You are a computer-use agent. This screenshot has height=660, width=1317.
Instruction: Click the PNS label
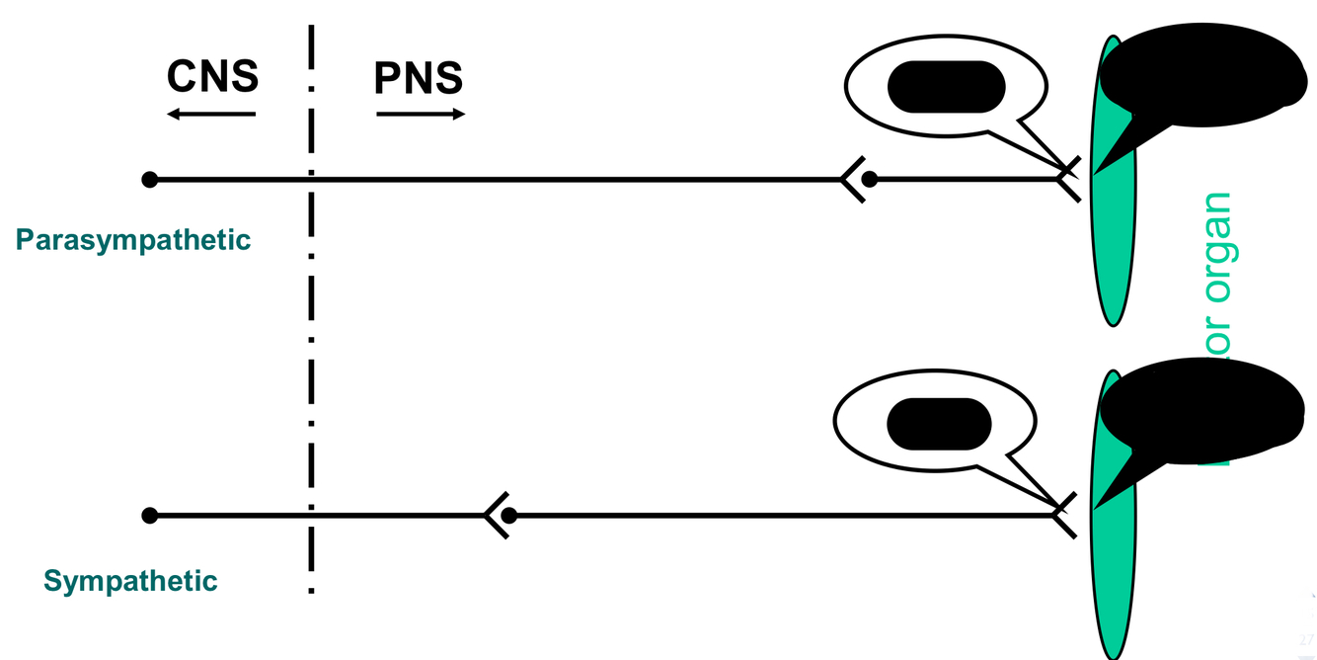point(419,78)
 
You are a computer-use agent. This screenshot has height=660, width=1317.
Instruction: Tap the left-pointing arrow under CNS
point(210,115)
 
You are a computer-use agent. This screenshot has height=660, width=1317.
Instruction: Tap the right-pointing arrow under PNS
point(421,115)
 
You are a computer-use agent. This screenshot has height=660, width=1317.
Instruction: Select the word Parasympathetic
point(133,240)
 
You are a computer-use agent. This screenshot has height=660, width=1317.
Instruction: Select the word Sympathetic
point(130,581)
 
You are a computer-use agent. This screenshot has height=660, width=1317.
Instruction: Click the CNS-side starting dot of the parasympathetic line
point(149,179)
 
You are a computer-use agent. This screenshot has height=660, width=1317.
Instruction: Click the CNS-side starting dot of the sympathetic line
point(149,515)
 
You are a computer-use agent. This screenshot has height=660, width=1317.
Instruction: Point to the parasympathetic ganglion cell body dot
point(869,179)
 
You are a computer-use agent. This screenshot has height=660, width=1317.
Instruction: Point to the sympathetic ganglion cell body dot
point(509,515)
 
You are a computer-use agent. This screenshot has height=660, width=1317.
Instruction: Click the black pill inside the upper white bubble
point(946,86)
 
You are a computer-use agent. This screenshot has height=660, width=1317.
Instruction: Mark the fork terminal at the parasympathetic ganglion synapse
point(852,179)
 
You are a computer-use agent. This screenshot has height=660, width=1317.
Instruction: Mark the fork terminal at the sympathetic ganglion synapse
point(495,515)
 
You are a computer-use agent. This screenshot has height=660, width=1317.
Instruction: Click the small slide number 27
point(1308,638)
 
